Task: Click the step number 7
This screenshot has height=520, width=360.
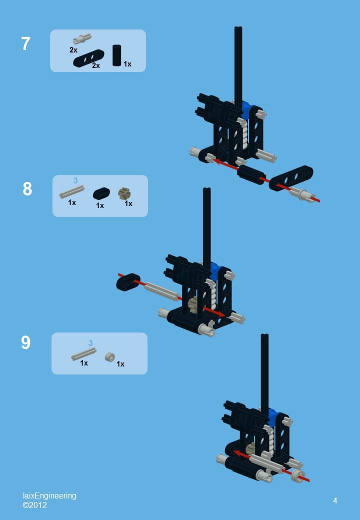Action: click(25, 44)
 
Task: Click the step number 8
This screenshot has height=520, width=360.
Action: click(27, 189)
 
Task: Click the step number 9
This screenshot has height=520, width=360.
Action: click(25, 342)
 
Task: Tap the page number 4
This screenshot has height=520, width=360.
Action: click(335, 500)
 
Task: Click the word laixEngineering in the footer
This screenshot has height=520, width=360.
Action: click(49, 495)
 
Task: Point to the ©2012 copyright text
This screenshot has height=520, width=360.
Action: click(34, 505)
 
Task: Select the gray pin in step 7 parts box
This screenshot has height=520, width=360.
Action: click(81, 39)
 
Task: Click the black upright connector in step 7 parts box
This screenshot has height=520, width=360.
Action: click(116, 55)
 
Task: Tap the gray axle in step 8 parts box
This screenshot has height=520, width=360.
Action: click(72, 192)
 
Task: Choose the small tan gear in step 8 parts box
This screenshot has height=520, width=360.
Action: click(124, 192)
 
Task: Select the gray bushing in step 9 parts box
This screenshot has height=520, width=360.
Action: click(109, 356)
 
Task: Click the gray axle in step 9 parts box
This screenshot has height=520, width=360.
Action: click(83, 353)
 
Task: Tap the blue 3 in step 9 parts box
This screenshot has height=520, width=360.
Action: click(90, 343)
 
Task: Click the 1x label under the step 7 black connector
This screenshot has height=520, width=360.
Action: click(127, 64)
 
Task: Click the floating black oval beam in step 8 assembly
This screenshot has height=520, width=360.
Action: click(128, 281)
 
